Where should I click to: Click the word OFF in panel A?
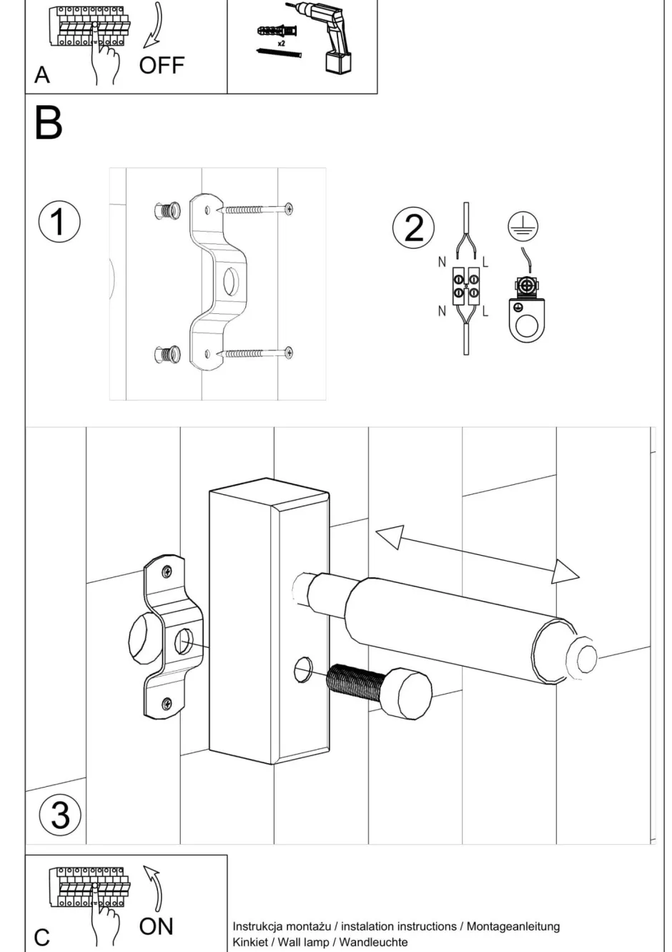162,66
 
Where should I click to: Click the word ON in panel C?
156,926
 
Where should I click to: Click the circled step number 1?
59,221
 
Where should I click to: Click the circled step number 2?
413,227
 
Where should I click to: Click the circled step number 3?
60,815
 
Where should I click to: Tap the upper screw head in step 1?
288,209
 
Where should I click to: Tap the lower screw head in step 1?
288,352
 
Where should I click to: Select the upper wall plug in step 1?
167,211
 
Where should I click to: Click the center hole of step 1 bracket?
232,281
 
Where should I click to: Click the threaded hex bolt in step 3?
379,688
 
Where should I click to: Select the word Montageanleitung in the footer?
513,926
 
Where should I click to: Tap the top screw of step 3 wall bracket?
167,571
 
